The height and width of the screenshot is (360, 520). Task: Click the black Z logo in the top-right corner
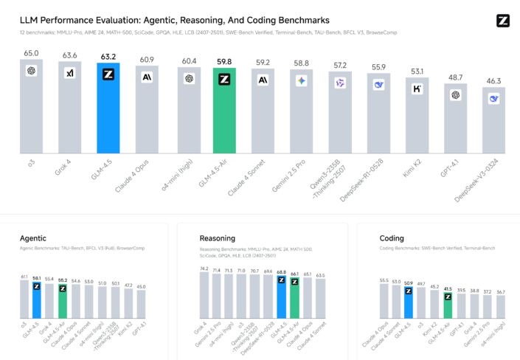(503, 21)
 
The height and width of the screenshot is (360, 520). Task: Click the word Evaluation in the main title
(131, 21)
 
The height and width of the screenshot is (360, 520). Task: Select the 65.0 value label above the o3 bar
(31, 53)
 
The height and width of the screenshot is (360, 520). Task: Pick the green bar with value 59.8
(225, 111)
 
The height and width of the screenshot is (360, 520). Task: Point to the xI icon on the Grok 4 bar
(70, 73)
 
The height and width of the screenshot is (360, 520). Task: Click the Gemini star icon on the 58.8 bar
(301, 80)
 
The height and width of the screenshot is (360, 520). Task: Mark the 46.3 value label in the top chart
(493, 82)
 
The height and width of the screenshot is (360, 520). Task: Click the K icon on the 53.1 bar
(417, 89)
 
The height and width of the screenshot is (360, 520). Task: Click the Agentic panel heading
(34, 238)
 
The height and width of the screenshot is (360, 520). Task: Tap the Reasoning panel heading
(217, 238)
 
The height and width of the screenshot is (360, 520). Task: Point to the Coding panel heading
(392, 238)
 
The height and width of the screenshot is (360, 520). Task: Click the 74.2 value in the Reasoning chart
(204, 269)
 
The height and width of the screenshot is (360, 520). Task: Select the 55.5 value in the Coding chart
(384, 280)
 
